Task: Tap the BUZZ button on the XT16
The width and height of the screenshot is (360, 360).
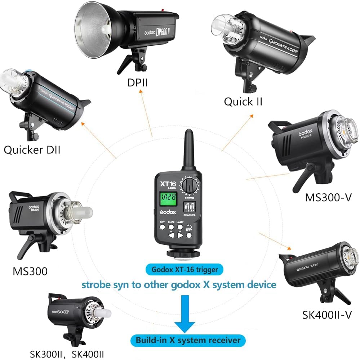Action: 171,227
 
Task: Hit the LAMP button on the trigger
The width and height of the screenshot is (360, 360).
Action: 179,227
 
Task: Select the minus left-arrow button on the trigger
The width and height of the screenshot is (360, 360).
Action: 171,236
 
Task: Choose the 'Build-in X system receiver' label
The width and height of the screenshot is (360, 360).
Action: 188,340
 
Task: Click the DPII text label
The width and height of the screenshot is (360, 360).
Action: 137,83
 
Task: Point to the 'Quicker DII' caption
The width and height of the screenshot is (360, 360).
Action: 32,149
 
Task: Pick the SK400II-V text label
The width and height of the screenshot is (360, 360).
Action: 326,315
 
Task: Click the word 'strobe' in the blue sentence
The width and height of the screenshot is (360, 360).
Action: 97,285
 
